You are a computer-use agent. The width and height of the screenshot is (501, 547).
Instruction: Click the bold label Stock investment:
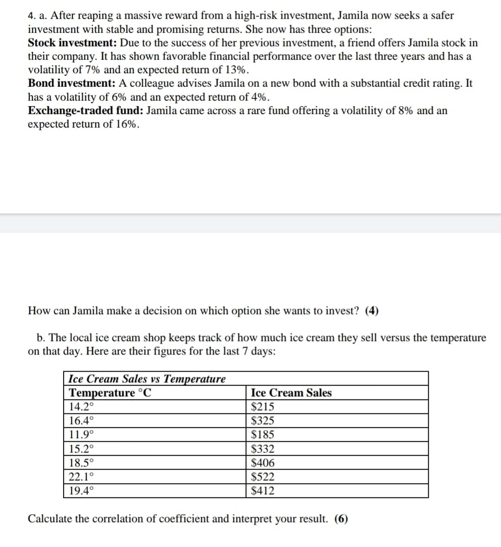click(72, 43)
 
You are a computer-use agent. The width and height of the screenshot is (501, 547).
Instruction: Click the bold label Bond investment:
click(71, 84)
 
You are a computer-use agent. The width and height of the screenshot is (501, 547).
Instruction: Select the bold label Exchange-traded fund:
click(85, 111)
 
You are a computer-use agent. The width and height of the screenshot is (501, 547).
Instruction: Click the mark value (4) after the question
click(372, 311)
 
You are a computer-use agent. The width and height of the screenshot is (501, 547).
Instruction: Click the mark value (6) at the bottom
click(341, 519)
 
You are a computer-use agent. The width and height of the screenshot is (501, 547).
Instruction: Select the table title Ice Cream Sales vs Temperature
click(147, 379)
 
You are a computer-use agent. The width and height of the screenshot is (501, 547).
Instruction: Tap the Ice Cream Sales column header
click(291, 393)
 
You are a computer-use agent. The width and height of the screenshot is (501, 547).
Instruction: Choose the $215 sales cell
click(262, 407)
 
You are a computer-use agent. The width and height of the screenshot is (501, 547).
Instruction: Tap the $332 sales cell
click(262, 449)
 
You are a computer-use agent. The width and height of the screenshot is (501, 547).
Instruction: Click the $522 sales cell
click(262, 476)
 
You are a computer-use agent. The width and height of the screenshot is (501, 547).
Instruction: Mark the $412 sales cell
click(262, 490)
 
